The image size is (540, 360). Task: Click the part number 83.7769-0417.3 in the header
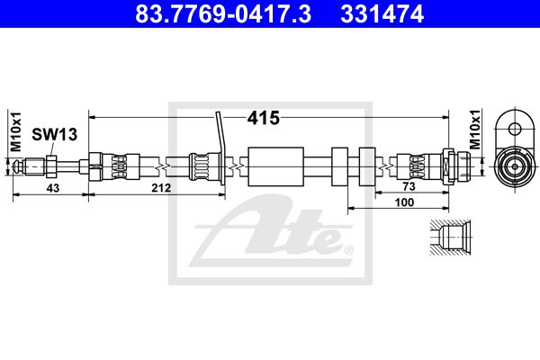pyautogui.click(x=223, y=14)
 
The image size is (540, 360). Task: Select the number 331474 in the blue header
pyautogui.click(x=382, y=14)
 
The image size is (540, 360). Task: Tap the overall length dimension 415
pyautogui.click(x=264, y=118)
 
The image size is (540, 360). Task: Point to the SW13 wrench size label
pyautogui.click(x=54, y=134)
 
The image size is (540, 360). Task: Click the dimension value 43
pyautogui.click(x=53, y=188)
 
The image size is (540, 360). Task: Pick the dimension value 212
pyautogui.click(x=161, y=188)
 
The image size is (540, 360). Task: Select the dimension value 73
pyautogui.click(x=409, y=186)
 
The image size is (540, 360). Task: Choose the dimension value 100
pyautogui.click(x=404, y=202)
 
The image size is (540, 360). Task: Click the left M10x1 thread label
pyautogui.click(x=16, y=131)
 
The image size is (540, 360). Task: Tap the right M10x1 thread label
pyautogui.click(x=475, y=130)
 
